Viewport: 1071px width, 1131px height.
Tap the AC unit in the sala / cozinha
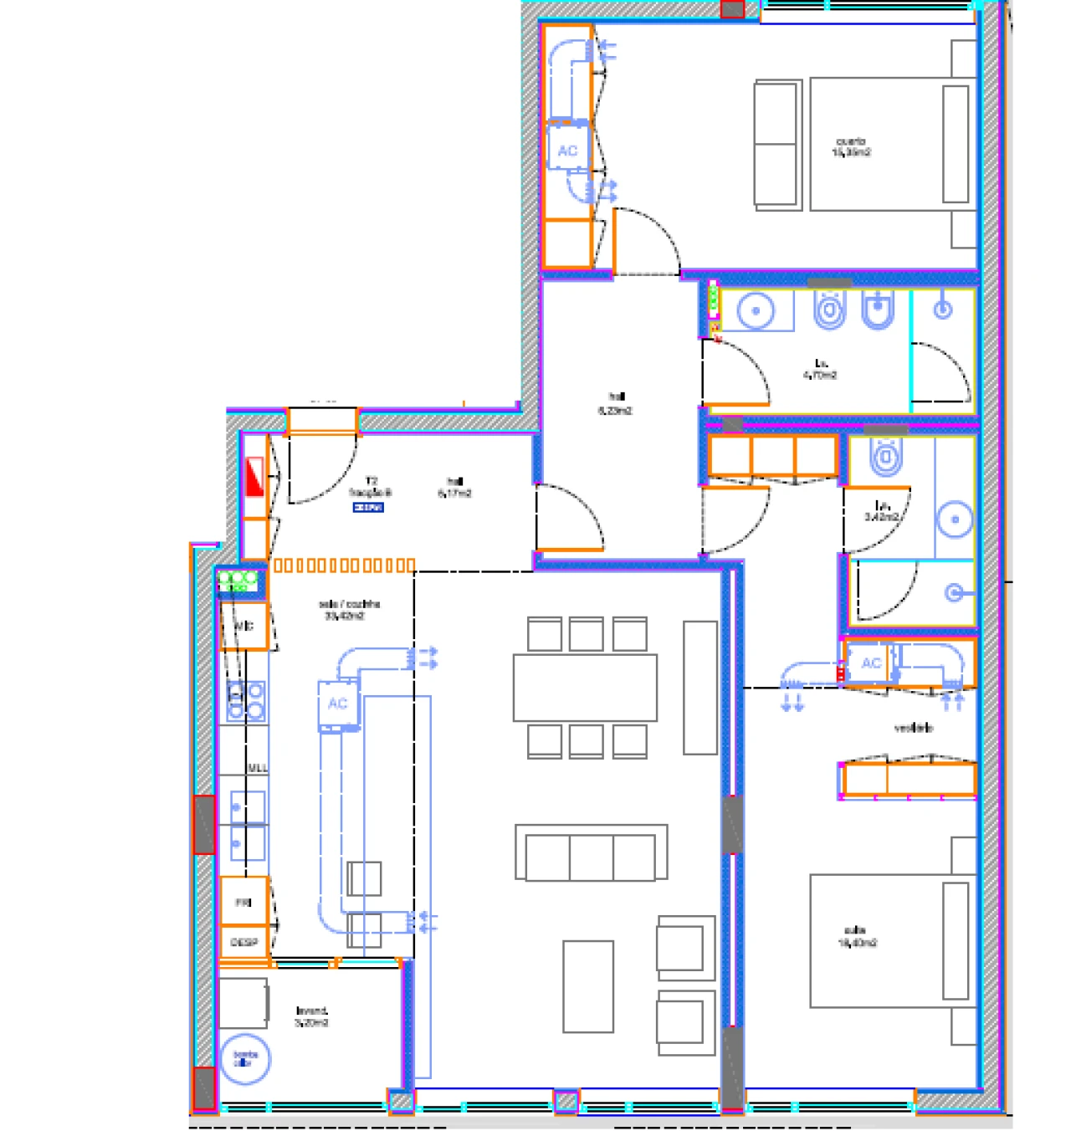338,704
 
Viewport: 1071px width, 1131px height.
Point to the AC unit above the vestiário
870,663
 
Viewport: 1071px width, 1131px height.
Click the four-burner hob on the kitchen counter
246,701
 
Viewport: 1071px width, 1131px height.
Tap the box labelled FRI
243,902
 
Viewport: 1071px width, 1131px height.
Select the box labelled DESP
243,942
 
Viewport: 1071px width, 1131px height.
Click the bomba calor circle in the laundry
244,1059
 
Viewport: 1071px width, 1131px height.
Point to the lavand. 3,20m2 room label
311,1016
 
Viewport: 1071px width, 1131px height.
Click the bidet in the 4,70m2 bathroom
877,310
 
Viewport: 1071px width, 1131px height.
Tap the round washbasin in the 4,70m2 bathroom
756,311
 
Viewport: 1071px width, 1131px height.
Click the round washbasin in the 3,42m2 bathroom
955,519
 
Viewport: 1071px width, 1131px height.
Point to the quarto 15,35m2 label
851,147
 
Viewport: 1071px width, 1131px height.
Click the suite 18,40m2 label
857,936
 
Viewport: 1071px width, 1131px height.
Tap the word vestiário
913,728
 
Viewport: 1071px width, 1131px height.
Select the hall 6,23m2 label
615,403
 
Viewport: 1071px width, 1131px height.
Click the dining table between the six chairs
585,688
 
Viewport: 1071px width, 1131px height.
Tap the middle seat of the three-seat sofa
591,856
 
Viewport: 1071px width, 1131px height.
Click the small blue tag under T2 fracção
368,507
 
